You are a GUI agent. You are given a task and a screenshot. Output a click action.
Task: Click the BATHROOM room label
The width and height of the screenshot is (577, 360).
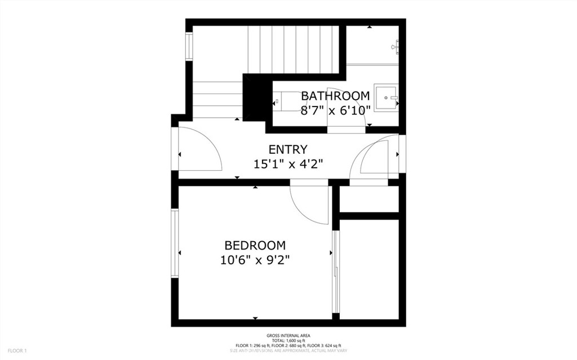click(335, 96)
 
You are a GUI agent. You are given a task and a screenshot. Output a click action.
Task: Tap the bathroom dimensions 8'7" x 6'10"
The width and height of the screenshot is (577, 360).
click(335, 110)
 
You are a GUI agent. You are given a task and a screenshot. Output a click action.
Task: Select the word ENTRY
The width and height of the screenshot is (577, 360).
click(288, 150)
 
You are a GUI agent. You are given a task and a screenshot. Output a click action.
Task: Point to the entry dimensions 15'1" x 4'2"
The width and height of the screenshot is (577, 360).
click(288, 164)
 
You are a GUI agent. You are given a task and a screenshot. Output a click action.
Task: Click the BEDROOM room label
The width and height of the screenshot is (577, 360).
click(255, 246)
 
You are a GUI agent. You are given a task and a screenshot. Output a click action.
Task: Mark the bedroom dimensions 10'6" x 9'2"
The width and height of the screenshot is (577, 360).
click(255, 260)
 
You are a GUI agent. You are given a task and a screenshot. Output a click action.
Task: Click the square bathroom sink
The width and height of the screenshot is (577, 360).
click(387, 98)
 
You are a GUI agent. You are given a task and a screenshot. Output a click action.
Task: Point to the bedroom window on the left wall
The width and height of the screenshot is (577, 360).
click(175, 243)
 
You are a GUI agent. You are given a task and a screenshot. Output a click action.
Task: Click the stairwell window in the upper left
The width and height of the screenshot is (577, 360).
click(189, 46)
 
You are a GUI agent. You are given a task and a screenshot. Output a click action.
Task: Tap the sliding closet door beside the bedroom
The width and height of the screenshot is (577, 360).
click(336, 272)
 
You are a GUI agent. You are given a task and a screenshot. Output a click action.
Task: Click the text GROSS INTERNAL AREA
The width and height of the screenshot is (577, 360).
click(288, 336)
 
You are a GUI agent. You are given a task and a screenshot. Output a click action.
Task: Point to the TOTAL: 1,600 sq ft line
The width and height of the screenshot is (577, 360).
click(288, 341)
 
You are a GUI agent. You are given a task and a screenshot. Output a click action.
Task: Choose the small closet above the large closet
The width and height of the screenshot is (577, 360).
click(370, 198)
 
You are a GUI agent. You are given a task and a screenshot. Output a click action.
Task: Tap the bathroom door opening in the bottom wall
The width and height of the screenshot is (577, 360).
click(346, 130)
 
